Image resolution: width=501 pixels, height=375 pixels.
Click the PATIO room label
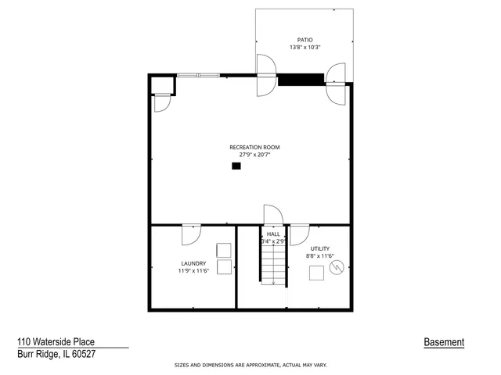305,39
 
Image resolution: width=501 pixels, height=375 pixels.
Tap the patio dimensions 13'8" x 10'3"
305,47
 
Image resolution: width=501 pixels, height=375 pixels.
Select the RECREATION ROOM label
254,147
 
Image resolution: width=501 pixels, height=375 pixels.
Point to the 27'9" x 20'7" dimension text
254,155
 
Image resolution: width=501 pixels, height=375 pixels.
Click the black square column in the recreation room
236,166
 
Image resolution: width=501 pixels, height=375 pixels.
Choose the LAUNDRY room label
193,263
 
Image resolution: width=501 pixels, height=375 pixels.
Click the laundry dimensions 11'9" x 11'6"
193,271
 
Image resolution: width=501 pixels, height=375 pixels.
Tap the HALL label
273,234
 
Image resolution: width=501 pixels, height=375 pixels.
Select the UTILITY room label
320,248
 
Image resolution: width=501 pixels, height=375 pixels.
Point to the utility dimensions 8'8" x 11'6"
320,256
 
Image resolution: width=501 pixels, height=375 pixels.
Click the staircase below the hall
272,266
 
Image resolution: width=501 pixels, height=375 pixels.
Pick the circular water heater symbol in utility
337,268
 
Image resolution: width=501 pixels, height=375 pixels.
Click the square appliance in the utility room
317,273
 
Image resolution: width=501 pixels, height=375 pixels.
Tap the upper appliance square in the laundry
225,250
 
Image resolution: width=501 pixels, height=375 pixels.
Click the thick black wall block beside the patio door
301,79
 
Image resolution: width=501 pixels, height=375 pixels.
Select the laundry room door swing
192,234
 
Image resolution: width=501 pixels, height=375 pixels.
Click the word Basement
444,342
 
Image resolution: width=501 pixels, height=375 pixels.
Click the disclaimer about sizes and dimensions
250,365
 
